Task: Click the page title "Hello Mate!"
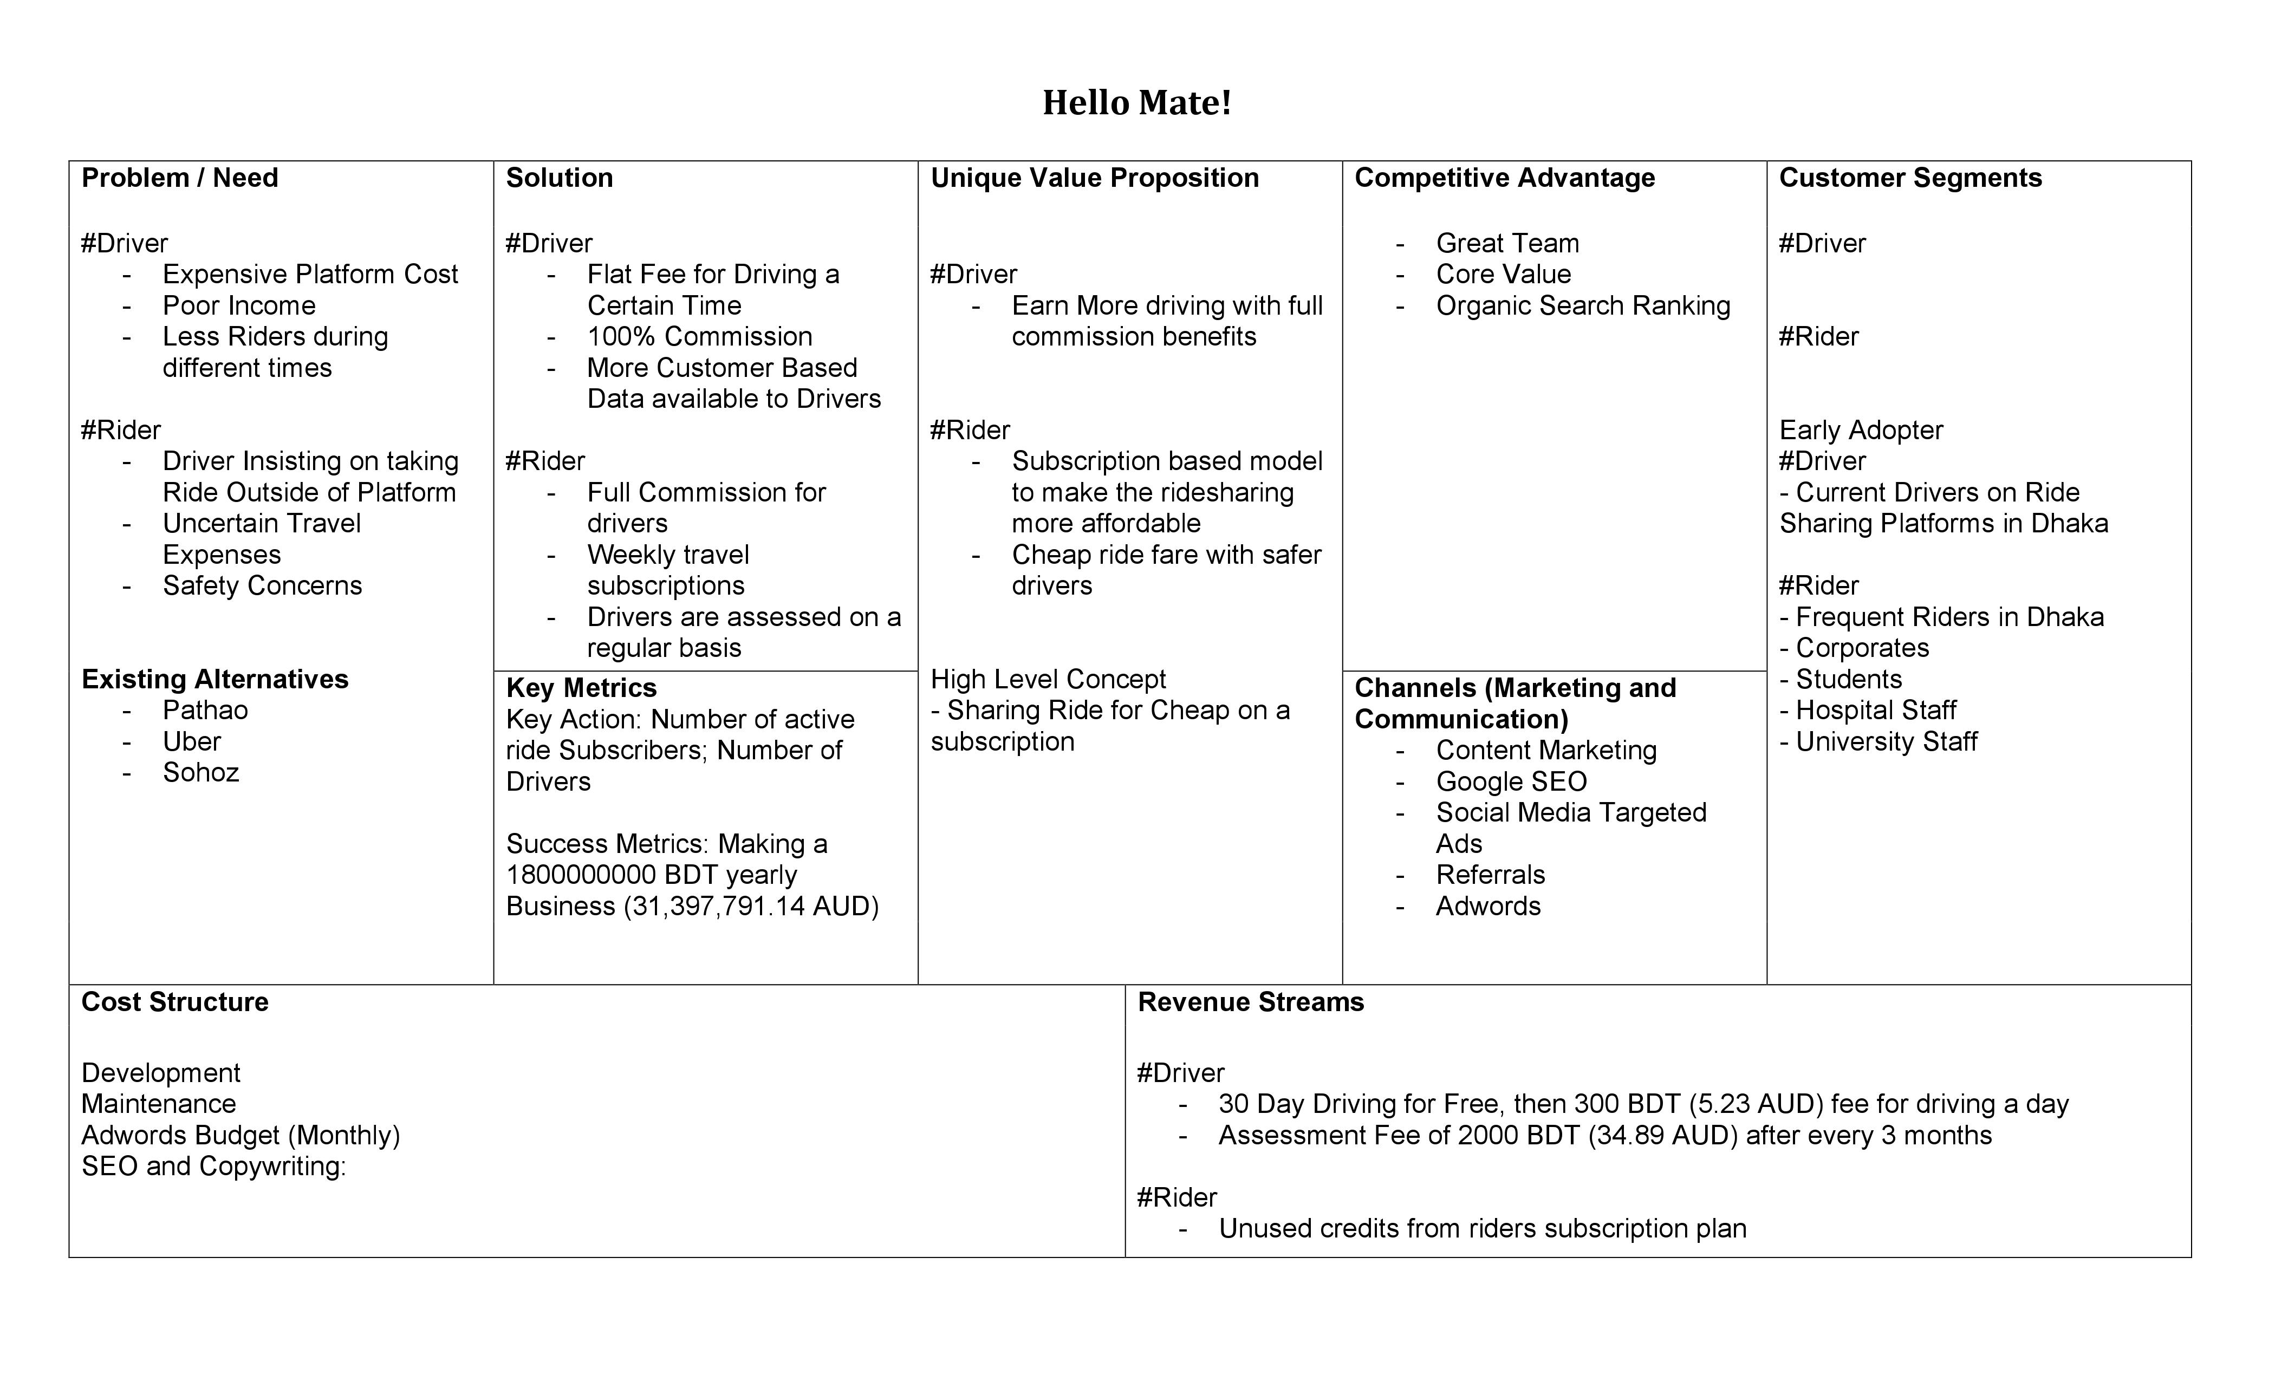point(1136,102)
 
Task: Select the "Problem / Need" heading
point(179,178)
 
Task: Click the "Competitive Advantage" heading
point(1504,178)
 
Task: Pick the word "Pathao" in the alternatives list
point(205,711)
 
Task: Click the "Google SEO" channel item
point(1511,782)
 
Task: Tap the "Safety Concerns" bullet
point(262,586)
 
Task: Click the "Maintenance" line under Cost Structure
point(159,1104)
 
